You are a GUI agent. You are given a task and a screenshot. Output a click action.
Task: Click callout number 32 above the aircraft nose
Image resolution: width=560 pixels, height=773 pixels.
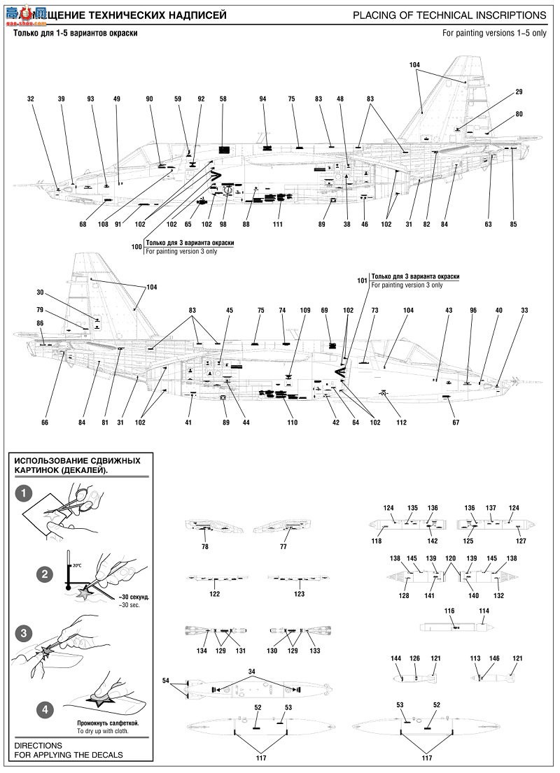[x=31, y=99]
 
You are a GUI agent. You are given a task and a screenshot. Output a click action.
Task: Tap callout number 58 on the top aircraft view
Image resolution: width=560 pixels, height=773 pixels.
[x=223, y=99]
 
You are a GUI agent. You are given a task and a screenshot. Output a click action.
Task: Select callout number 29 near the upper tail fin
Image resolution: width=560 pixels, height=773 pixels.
[x=519, y=92]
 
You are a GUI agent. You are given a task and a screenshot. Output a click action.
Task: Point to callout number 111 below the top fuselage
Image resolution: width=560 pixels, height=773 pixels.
[x=278, y=225]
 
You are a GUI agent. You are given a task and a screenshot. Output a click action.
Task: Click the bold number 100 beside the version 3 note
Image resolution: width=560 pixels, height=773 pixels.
[x=136, y=247]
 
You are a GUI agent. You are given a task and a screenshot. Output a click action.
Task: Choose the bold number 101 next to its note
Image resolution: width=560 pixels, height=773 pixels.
[x=362, y=281]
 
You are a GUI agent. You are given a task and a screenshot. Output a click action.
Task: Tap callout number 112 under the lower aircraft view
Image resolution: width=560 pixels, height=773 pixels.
[x=401, y=423]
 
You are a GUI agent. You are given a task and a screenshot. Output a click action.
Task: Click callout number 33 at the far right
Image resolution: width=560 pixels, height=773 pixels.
[x=525, y=310]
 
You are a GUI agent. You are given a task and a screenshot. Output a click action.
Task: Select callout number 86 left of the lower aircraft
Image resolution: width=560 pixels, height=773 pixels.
[x=40, y=322]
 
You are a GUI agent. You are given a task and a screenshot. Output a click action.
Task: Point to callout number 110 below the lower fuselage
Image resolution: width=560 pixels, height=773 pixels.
[x=292, y=423]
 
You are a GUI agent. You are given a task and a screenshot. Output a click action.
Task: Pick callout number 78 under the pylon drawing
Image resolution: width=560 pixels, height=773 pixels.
[x=205, y=546]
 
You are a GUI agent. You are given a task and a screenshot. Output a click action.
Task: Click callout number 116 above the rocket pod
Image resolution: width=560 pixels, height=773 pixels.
[x=449, y=611]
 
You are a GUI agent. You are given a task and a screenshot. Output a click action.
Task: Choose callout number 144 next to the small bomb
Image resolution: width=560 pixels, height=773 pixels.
[x=395, y=658]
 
